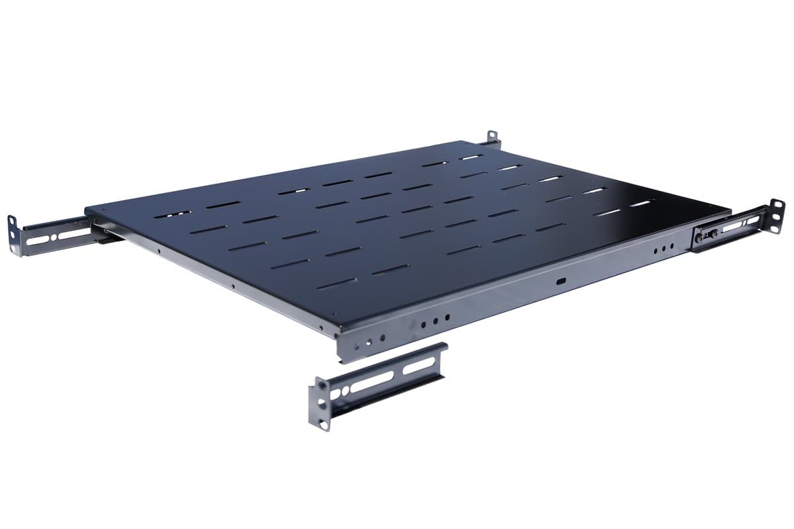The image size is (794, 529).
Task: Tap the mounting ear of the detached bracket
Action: (x=322, y=404)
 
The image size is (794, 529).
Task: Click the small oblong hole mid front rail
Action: (x=561, y=282)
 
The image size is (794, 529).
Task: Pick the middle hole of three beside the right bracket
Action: (x=664, y=249)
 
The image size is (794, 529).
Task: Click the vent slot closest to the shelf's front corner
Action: (x=337, y=283)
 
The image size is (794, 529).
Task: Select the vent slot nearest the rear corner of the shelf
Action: (x=471, y=157)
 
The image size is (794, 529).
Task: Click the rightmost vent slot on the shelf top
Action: (x=641, y=204)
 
